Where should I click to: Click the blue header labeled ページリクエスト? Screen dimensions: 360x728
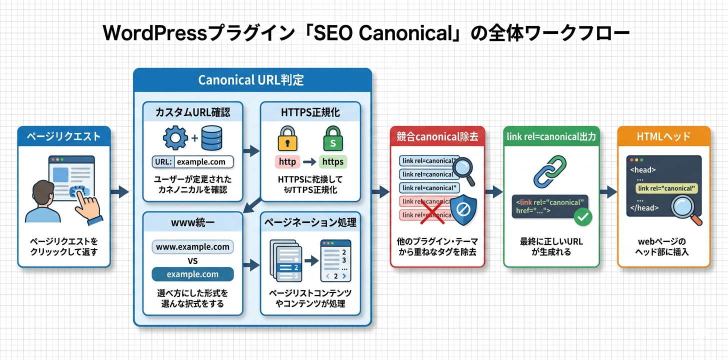coord(63,136)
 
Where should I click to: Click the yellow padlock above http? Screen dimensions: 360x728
coord(287,138)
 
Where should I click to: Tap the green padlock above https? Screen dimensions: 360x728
coord(332,138)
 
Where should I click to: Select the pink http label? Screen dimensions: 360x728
coord(287,162)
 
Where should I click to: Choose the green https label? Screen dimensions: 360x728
coord(332,162)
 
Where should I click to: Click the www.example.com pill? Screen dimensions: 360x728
coord(192,247)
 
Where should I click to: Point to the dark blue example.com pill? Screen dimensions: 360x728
coord(192,274)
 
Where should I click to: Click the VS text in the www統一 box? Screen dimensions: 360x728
coord(192,260)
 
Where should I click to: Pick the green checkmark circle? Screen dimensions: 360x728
coord(583,216)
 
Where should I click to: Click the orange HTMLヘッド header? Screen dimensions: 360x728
coord(663,136)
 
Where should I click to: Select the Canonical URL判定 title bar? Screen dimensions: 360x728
coord(252,80)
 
